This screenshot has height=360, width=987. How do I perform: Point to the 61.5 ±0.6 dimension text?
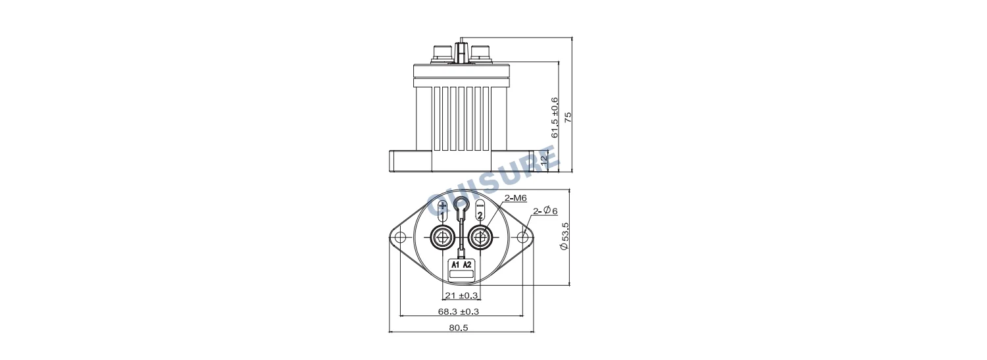point(555,117)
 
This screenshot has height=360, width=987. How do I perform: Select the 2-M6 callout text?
point(515,198)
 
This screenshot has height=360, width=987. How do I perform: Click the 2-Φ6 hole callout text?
point(545,211)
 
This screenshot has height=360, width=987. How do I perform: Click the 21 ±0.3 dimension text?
point(461,296)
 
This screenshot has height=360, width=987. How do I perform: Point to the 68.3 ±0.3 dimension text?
point(458,311)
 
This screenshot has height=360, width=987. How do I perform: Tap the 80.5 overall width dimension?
point(459,328)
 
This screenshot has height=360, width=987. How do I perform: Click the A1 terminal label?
point(455,265)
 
